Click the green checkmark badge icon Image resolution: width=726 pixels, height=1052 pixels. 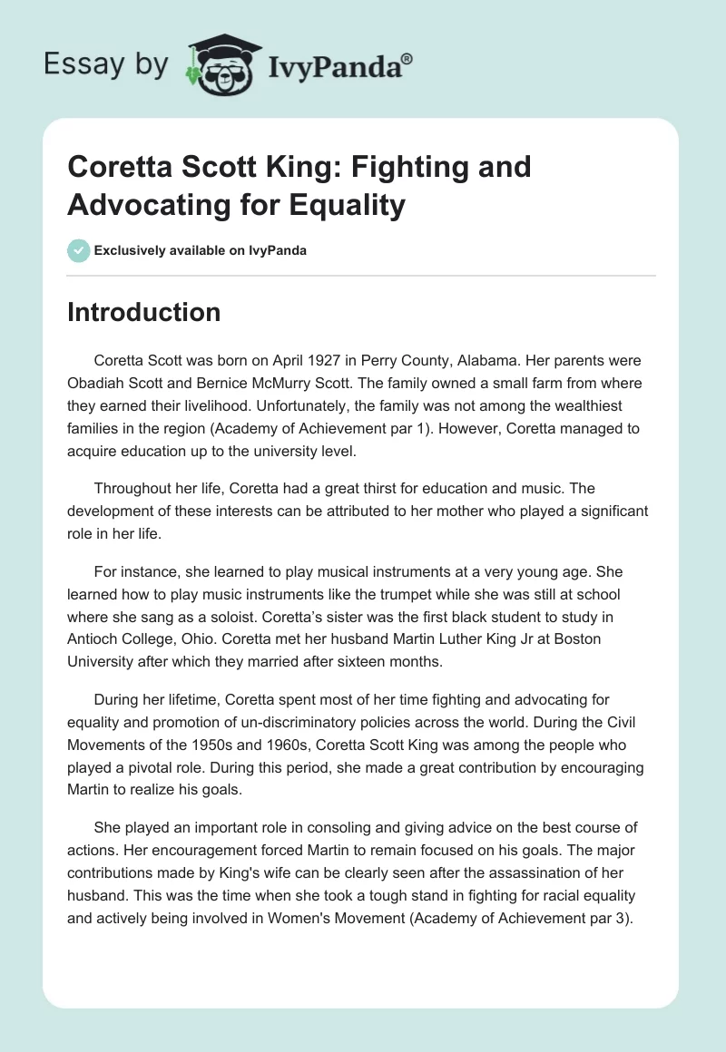[x=79, y=250]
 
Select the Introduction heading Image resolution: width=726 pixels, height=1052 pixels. [x=144, y=312]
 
